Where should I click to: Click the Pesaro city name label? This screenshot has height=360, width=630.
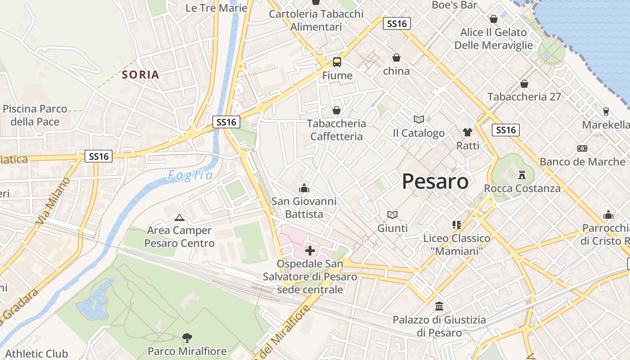435,181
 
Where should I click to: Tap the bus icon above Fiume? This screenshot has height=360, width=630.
337,62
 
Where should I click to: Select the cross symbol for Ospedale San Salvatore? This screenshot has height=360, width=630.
310,251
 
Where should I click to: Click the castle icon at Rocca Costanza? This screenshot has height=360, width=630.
522,175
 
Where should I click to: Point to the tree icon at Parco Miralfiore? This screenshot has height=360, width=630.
187,337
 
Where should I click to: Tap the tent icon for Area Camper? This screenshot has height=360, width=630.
179,218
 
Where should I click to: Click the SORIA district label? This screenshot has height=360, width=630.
141,75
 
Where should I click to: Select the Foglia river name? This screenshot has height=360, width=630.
190,175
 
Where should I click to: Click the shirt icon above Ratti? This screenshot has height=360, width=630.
468,132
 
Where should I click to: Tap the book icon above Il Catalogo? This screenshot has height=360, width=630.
418,119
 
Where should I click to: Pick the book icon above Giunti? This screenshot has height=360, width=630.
392,215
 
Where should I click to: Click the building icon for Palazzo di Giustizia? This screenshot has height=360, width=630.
439,306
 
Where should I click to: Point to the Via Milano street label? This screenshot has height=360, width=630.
53,201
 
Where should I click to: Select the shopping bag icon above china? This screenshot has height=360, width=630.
396,58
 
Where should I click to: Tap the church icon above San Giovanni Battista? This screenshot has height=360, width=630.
304,188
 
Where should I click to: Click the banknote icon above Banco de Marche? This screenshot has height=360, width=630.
582,148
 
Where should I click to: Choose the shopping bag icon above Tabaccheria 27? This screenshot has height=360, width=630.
524,84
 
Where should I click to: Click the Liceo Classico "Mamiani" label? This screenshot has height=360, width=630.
457,244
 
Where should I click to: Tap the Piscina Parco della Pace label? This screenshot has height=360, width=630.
35,115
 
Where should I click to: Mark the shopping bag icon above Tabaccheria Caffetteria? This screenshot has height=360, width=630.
336,110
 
